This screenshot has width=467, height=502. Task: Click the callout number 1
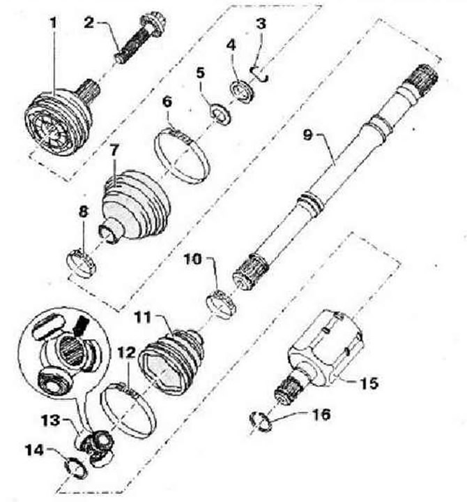[x=53, y=23]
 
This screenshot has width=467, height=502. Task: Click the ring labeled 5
[x=220, y=115]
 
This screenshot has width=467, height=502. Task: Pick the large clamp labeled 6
[x=181, y=155]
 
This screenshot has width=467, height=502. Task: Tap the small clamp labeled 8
[x=82, y=263]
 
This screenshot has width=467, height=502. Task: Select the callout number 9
[x=307, y=135]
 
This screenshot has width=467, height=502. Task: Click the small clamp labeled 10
[x=221, y=303]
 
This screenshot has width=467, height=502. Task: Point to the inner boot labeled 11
[x=171, y=362]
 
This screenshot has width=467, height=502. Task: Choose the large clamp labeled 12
[x=128, y=410]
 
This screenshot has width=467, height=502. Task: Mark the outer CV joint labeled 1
[x=60, y=119]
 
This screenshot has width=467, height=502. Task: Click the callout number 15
[x=369, y=383]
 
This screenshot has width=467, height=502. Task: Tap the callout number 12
[x=127, y=353]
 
